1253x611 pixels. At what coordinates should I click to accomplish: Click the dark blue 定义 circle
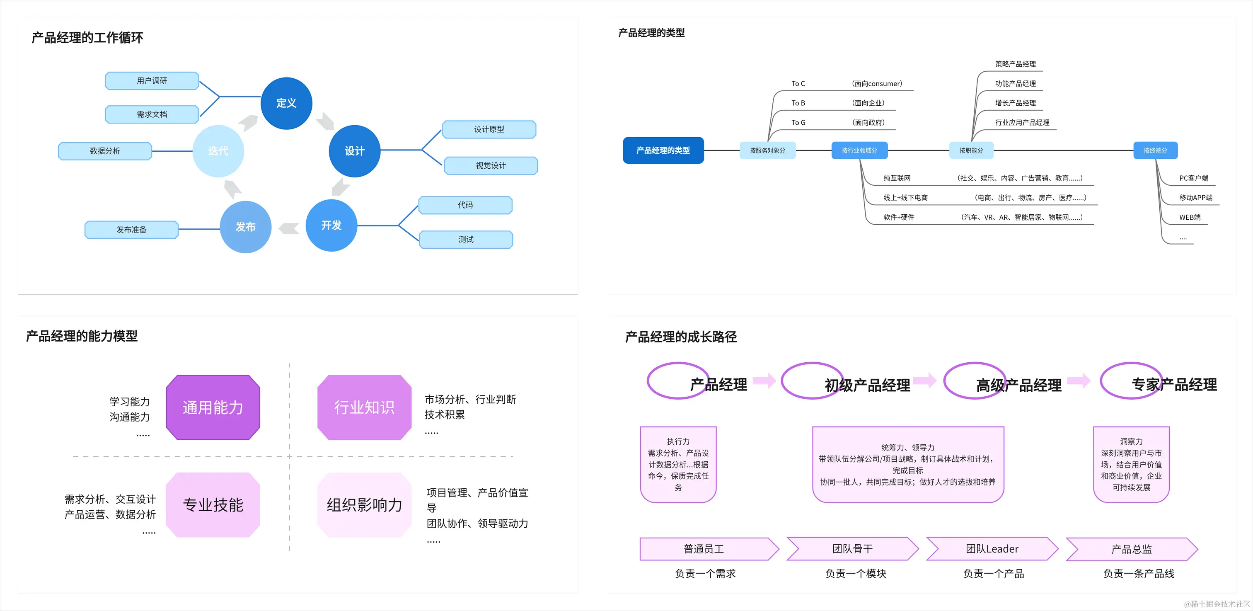286,103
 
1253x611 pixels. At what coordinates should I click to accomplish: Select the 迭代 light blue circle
218,151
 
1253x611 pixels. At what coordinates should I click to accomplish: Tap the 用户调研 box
152,81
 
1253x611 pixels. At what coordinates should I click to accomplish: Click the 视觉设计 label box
490,165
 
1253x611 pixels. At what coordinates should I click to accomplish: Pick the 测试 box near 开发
465,239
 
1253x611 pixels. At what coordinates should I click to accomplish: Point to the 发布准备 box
131,230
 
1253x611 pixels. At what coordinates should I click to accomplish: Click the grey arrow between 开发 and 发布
289,228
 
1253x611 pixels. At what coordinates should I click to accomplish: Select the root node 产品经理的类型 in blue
663,150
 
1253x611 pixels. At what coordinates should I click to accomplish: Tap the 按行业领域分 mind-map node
859,150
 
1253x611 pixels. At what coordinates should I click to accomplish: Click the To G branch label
798,123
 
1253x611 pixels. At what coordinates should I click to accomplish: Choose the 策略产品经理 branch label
1015,64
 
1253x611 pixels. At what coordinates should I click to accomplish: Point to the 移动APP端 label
1195,197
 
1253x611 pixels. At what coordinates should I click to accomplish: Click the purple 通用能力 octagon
213,407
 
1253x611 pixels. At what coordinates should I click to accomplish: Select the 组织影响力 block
364,505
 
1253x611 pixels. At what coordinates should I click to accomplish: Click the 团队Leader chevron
992,549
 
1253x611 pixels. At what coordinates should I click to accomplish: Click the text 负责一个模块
855,574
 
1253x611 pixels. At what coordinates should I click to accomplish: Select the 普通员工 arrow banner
704,549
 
